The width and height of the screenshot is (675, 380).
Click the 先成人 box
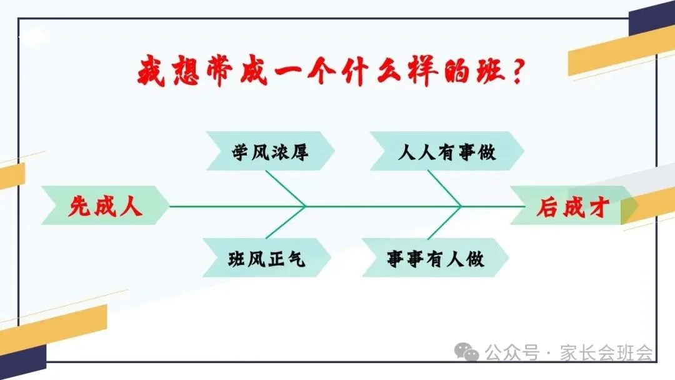point(105,206)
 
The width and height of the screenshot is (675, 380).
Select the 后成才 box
point(572,206)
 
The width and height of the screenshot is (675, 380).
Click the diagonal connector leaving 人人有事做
point(444,187)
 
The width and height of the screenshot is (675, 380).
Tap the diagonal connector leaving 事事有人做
point(444,222)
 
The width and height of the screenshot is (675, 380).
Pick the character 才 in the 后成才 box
point(598,206)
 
